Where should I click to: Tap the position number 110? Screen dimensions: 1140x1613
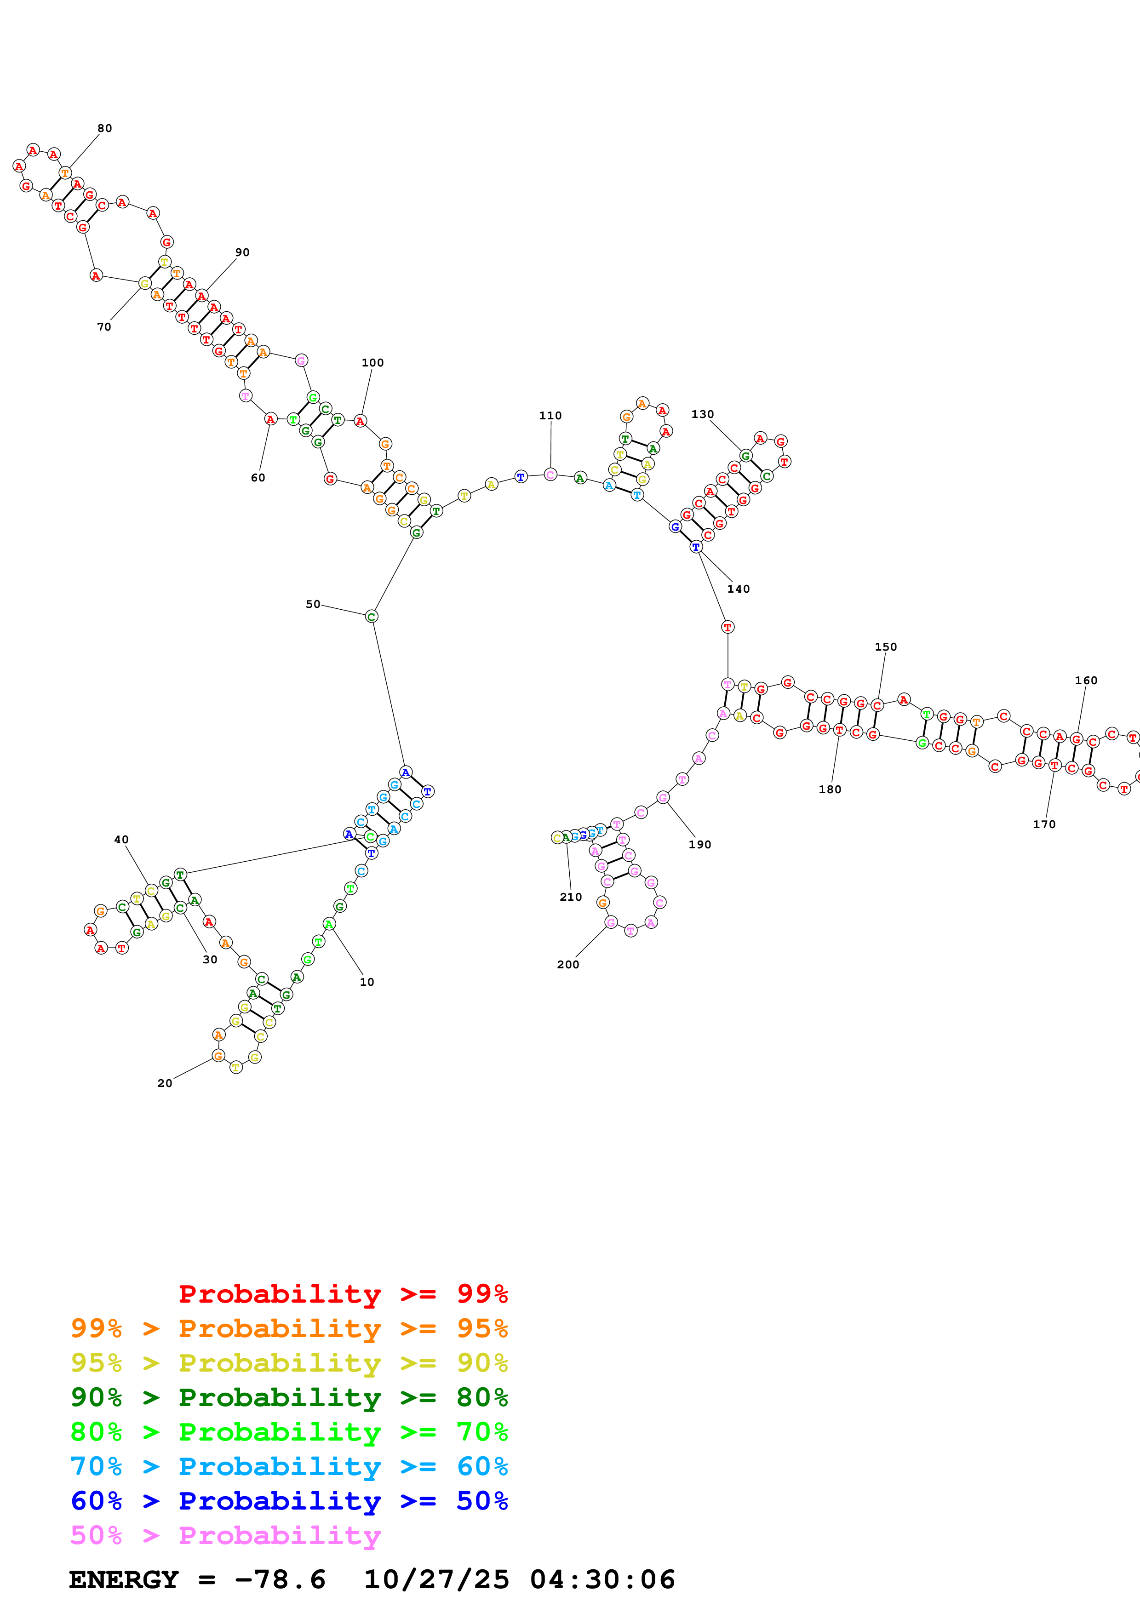[550, 416]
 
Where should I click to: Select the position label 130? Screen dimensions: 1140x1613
[702, 414]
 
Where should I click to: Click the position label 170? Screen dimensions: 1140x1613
[1044, 824]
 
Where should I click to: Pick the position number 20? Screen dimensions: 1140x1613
[164, 1083]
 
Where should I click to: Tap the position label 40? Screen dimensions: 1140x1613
[121, 840]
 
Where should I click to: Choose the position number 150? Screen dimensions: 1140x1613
[885, 647]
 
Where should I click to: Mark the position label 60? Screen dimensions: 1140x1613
[258, 478]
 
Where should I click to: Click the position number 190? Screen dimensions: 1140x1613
[699, 845]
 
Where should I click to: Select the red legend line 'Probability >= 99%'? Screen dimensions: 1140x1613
[343, 1293]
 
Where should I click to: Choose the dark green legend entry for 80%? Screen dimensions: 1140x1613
[289, 1397]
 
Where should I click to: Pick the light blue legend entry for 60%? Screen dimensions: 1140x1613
[289, 1466]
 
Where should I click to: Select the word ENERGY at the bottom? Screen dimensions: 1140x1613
[124, 1579]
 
